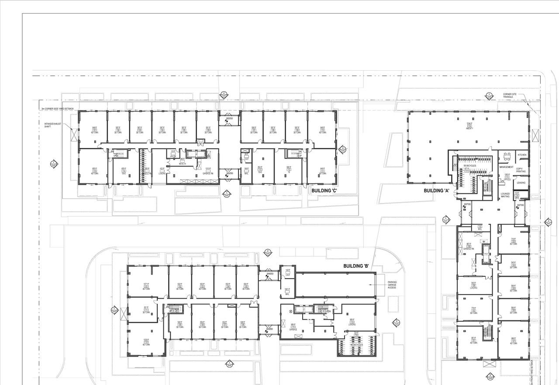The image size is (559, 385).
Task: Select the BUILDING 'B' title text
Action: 356,266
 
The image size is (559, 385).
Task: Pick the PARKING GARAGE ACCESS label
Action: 392,285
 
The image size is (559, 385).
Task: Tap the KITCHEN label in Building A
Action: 522,155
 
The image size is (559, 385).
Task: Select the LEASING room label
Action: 521,182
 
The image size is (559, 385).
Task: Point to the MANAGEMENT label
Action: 506,167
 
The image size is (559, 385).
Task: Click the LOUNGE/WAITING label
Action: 506,195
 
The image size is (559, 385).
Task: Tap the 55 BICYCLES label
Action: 470,166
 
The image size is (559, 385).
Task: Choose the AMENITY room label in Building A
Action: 470,128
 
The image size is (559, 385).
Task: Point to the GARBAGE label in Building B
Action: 293,330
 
